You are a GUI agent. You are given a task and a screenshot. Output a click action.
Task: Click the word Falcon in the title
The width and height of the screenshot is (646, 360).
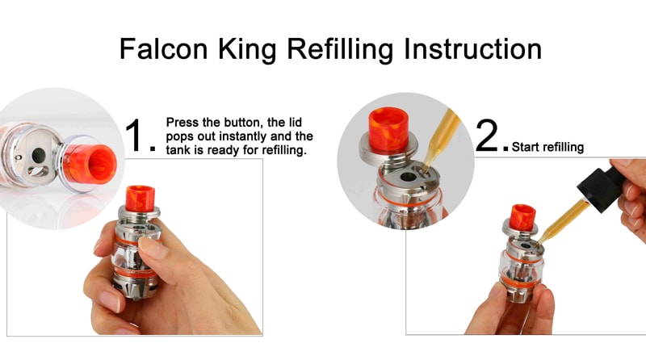click(x=164, y=48)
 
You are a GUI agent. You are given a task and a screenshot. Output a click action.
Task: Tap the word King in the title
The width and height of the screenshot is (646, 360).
click(x=247, y=50)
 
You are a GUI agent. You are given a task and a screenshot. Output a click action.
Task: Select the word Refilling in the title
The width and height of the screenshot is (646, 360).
click(x=340, y=50)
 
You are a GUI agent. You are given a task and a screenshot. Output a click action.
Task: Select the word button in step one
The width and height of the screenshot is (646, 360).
click(x=242, y=123)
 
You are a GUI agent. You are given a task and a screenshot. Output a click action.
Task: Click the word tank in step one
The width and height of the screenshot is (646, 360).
click(x=178, y=150)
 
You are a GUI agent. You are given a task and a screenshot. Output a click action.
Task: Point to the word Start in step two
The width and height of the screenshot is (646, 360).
click(x=525, y=147)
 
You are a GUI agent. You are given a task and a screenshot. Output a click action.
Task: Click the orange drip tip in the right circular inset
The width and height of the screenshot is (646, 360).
click(x=388, y=128)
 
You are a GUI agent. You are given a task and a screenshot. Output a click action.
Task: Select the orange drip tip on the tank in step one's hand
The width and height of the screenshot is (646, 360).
click(x=140, y=198)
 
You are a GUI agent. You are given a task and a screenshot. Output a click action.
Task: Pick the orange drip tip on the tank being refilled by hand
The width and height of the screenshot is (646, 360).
click(x=522, y=217)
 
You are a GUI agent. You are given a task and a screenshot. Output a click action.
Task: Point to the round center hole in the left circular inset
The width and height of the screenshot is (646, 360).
click(x=39, y=155)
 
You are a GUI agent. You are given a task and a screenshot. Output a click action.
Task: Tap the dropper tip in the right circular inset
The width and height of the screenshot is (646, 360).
click(x=425, y=166)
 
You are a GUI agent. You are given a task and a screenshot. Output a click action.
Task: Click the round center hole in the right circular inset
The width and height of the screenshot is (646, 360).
click(x=408, y=178)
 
